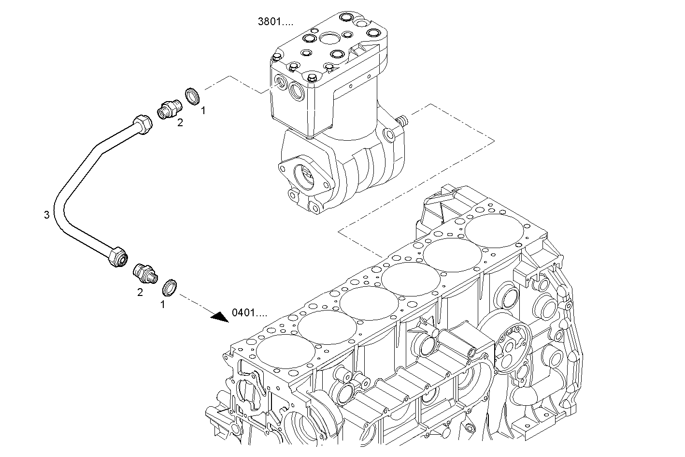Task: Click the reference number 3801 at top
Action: click(x=275, y=21)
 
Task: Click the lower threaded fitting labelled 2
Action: click(x=144, y=273)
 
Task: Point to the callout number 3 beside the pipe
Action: click(x=47, y=215)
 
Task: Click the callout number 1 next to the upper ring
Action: click(x=203, y=111)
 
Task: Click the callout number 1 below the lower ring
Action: click(x=162, y=305)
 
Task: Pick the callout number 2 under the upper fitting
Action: click(x=180, y=123)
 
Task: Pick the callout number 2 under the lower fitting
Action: click(x=140, y=292)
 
